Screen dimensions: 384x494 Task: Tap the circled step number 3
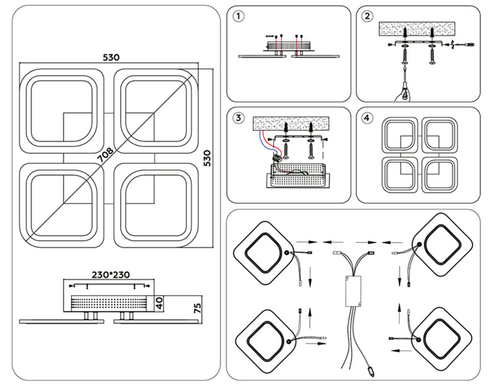click(240, 117)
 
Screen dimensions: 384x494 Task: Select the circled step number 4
click(368, 117)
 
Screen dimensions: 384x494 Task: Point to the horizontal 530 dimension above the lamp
click(111, 57)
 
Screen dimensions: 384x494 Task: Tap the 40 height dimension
click(159, 303)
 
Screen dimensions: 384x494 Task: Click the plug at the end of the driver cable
click(371, 371)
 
